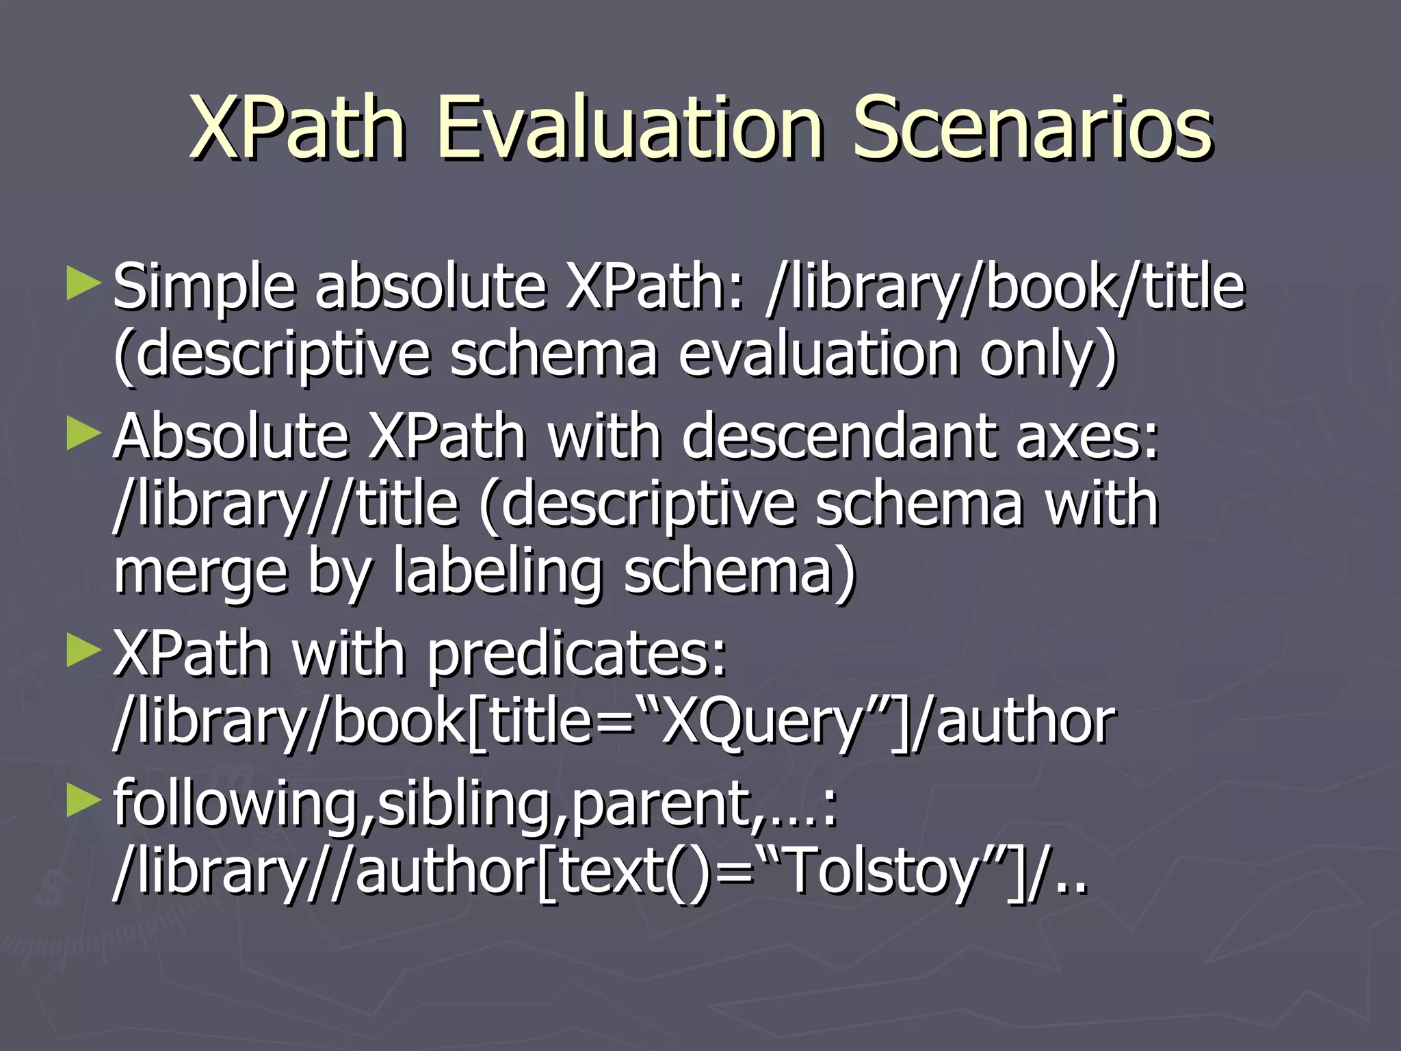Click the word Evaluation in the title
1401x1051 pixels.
pyautogui.click(x=628, y=128)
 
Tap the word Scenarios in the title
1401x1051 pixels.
pyautogui.click(x=1032, y=128)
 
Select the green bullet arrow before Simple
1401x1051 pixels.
pyautogui.click(x=84, y=284)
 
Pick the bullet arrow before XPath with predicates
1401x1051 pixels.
pyautogui.click(x=84, y=651)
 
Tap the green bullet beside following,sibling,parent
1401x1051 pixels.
pyautogui.click(x=84, y=801)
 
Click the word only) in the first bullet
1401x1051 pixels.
pyautogui.click(x=1047, y=356)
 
